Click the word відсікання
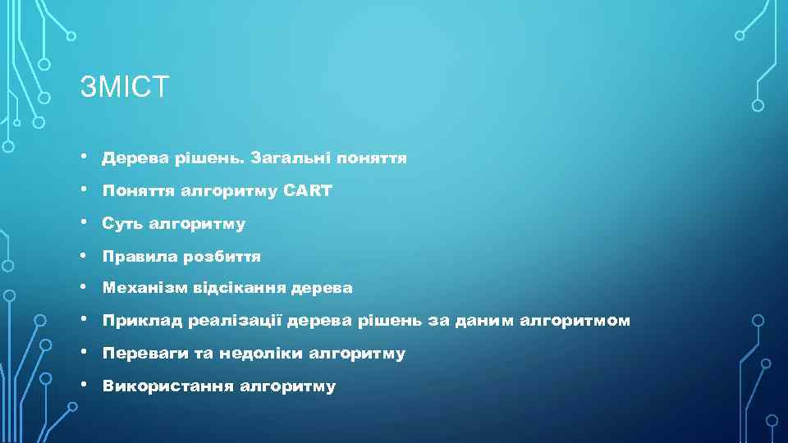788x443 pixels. [x=241, y=288]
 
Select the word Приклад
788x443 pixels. [x=139, y=321]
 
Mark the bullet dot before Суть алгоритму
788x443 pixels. [x=85, y=222]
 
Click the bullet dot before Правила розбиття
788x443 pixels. [x=85, y=255]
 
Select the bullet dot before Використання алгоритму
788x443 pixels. [x=85, y=385]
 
